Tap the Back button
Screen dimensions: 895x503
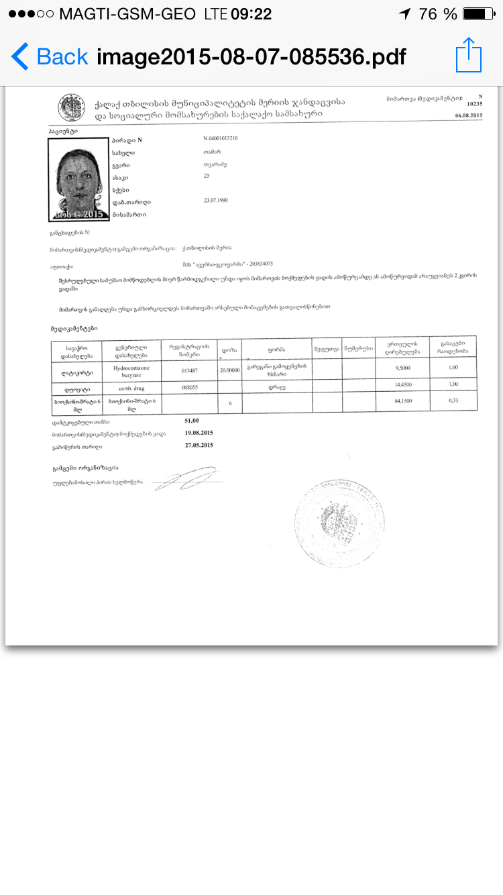(50, 56)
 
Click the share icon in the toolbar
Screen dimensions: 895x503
(468, 55)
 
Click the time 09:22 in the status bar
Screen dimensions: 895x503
(251, 14)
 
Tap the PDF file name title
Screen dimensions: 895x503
(251, 57)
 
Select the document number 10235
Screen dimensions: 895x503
(473, 104)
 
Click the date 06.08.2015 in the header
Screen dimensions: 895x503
(468, 115)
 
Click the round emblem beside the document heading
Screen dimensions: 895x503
(70, 107)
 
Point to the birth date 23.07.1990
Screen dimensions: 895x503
(217, 200)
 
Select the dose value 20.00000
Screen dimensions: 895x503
(230, 369)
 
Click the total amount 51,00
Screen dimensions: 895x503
(191, 420)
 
